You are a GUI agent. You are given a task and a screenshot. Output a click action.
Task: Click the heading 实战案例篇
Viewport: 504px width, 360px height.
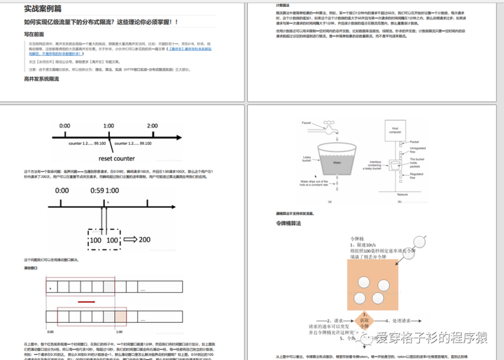pyautogui.click(x=42, y=9)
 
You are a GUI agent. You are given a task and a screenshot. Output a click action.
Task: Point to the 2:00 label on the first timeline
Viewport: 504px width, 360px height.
pyautogui.click(x=153, y=126)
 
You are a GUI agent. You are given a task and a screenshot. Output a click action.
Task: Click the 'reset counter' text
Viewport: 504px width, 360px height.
pyautogui.click(x=116, y=159)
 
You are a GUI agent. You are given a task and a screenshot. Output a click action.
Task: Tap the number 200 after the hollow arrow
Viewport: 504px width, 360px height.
pyautogui.click(x=145, y=240)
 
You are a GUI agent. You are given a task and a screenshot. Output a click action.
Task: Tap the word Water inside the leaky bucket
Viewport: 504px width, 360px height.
pyautogui.click(x=336, y=161)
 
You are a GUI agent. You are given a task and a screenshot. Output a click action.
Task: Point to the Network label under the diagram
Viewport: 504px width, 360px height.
pyautogui.click(x=402, y=194)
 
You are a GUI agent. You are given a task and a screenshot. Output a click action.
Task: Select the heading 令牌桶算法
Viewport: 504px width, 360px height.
pyautogui.click(x=288, y=223)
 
